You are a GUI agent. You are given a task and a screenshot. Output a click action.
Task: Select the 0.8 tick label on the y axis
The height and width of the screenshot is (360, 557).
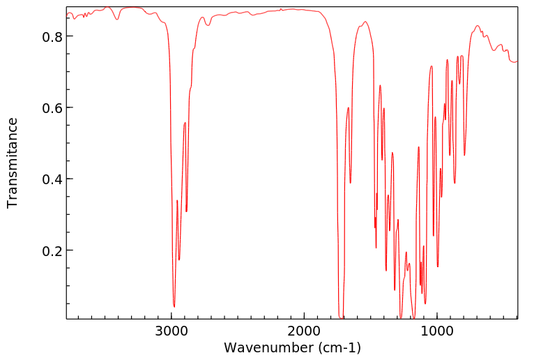(x=53, y=36)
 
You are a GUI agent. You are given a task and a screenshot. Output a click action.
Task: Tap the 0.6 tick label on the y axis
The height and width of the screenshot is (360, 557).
(x=53, y=108)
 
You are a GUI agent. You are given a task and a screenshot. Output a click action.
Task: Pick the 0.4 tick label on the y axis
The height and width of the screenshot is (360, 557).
(x=53, y=179)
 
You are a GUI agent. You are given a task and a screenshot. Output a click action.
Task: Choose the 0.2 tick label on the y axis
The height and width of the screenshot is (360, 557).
(x=53, y=250)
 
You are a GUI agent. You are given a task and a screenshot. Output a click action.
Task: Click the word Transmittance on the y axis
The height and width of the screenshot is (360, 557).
(x=13, y=163)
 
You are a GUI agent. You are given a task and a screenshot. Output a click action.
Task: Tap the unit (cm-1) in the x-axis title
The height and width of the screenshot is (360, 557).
(x=339, y=347)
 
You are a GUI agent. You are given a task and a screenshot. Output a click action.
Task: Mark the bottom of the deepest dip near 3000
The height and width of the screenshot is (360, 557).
(x=174, y=306)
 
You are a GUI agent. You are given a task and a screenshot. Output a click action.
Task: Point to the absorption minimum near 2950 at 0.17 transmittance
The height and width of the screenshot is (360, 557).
(x=179, y=260)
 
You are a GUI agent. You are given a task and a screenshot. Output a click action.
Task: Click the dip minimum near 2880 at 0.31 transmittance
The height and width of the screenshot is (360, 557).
(x=186, y=211)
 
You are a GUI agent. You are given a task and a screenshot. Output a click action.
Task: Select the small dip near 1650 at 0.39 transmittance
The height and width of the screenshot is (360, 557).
(x=351, y=183)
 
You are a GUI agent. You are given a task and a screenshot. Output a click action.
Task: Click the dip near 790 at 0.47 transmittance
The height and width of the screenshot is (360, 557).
(x=464, y=155)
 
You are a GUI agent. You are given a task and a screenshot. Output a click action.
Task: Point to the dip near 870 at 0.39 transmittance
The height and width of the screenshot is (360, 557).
(x=455, y=183)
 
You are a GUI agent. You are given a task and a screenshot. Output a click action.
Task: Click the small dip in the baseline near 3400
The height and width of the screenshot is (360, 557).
(x=117, y=20)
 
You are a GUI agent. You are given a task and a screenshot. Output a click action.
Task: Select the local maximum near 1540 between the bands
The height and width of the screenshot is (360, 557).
(x=365, y=22)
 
